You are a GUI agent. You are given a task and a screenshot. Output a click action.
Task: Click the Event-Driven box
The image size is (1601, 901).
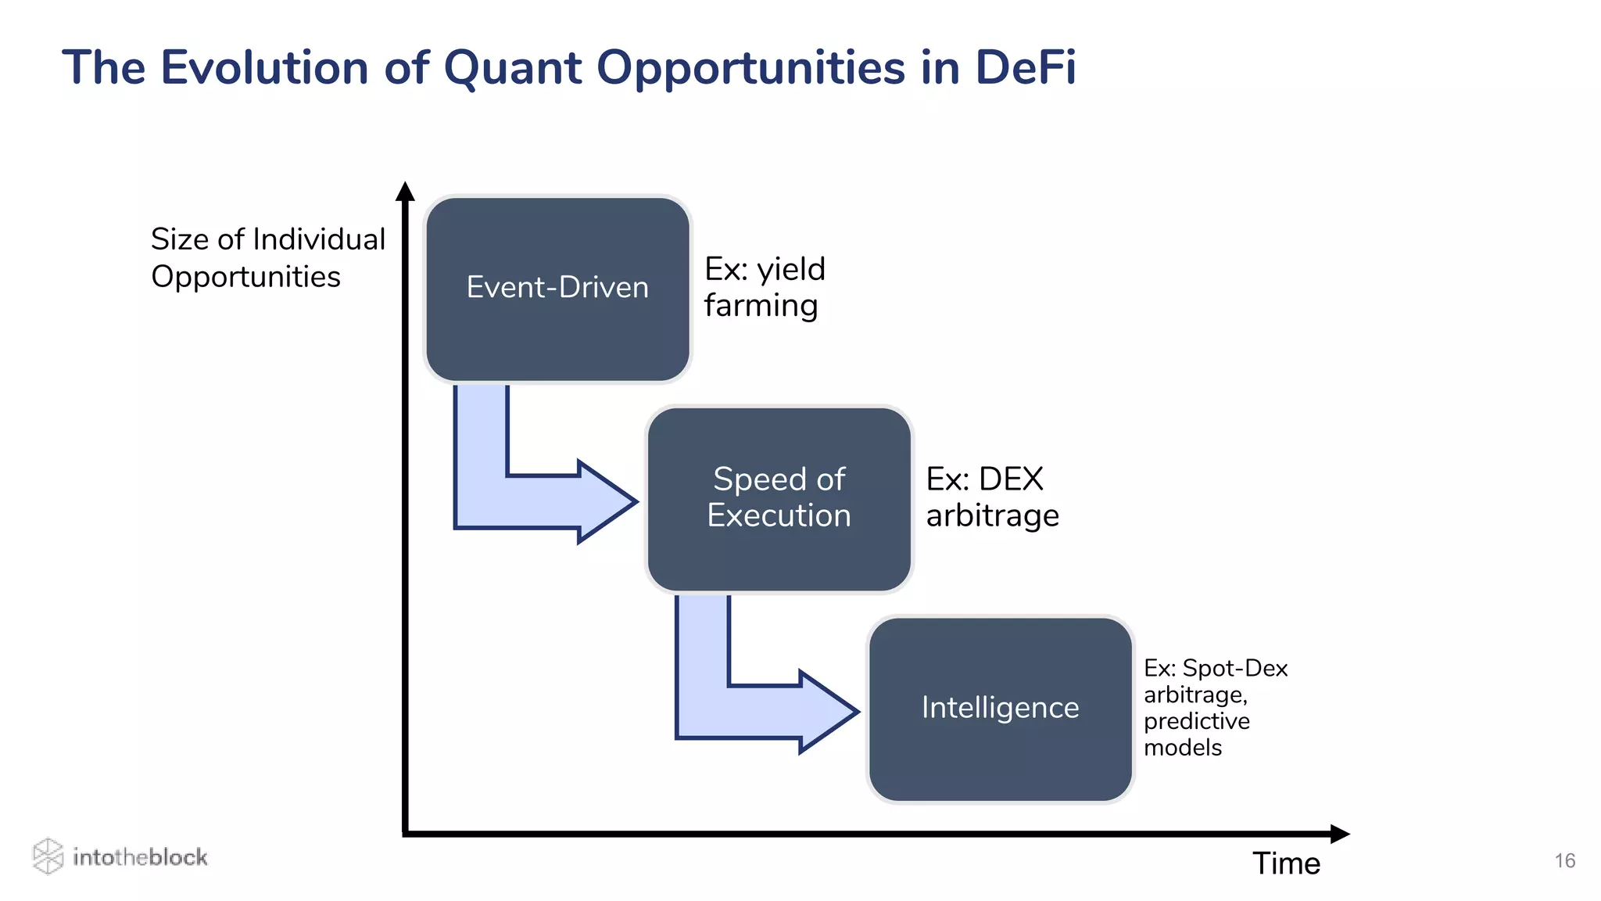pyautogui.click(x=557, y=289)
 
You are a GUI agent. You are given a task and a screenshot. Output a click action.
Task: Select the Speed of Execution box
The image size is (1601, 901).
pyautogui.click(x=779, y=498)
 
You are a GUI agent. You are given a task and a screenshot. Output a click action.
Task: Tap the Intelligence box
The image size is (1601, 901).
pyautogui.click(x=1000, y=708)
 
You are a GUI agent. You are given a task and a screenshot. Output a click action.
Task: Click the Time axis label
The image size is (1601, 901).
pyautogui.click(x=1286, y=863)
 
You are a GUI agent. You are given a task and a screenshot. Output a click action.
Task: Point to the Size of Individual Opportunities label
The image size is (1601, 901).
pyautogui.click(x=267, y=257)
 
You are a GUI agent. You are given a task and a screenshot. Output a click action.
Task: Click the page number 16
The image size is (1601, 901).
pyautogui.click(x=1564, y=861)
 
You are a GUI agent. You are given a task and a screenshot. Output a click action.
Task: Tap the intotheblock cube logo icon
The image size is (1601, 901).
pyautogui.click(x=48, y=856)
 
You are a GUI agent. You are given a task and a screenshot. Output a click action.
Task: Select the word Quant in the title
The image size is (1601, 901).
pyautogui.click(x=512, y=67)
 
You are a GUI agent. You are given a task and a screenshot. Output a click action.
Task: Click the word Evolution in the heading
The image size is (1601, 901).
pyautogui.click(x=264, y=67)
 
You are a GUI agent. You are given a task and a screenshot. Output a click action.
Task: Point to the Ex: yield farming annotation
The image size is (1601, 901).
pyautogui.click(x=764, y=287)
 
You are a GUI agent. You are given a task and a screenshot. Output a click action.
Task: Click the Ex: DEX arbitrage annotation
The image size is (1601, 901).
pyautogui.click(x=991, y=497)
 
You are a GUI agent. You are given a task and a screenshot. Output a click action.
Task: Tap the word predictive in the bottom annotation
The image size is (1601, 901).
pyautogui.click(x=1196, y=721)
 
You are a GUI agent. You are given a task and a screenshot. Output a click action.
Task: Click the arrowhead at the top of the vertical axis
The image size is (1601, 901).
pyautogui.click(x=405, y=192)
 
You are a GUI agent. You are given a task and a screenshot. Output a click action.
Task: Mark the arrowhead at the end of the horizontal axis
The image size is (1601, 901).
pyautogui.click(x=1339, y=834)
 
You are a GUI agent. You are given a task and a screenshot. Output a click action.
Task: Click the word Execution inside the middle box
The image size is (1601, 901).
pyautogui.click(x=779, y=516)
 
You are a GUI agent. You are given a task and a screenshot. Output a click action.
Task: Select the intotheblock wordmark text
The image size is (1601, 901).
pyautogui.click(x=140, y=857)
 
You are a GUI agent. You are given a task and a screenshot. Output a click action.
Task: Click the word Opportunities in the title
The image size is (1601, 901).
pyautogui.click(x=750, y=67)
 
